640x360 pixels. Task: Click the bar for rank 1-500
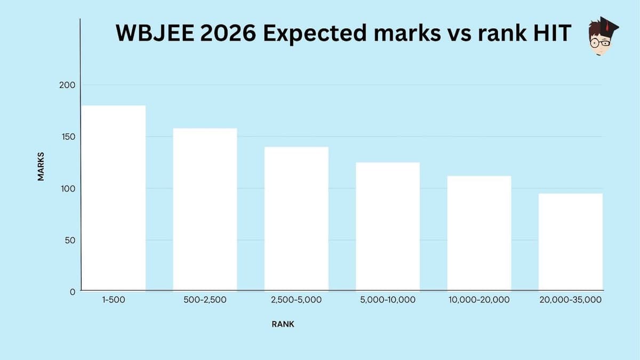(x=114, y=198)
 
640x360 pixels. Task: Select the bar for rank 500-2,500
(x=205, y=209)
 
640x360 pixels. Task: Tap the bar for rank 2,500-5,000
(x=297, y=219)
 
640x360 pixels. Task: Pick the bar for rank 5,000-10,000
(x=388, y=226)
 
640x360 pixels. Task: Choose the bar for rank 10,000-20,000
(x=479, y=233)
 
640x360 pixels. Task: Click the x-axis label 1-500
(x=114, y=300)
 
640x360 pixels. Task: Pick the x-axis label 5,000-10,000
(x=388, y=300)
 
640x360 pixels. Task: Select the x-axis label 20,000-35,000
(x=571, y=300)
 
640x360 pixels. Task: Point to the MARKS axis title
(x=41, y=166)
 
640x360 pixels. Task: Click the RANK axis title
(x=283, y=324)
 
